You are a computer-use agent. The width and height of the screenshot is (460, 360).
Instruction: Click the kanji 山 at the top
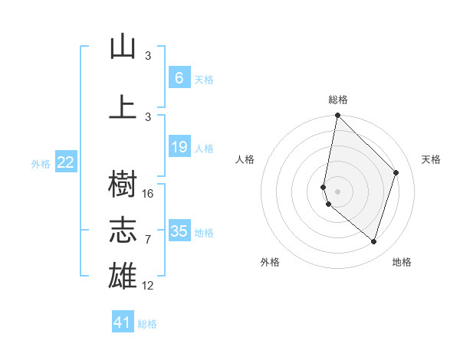[123, 47]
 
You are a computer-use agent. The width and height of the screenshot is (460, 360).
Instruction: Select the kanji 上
[123, 107]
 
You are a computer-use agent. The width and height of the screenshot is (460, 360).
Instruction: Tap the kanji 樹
[123, 184]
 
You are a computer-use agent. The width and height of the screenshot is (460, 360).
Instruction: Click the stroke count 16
[149, 194]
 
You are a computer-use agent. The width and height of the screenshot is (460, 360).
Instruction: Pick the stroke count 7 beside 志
[148, 240]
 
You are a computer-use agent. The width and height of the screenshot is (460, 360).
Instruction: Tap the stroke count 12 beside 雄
[149, 286]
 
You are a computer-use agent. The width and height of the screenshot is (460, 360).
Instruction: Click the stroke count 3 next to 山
[148, 56]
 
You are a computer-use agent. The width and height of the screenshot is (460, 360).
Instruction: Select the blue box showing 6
[179, 77]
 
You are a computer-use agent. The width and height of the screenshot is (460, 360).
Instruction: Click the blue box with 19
[179, 147]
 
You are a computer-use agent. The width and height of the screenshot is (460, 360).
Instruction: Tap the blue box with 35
[179, 231]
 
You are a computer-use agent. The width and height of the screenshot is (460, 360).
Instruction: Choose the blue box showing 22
[66, 162]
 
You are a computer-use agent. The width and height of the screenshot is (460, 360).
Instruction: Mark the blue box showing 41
[123, 322]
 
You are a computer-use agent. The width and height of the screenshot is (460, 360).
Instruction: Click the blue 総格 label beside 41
[147, 324]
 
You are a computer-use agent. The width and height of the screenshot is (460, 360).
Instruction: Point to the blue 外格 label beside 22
[41, 163]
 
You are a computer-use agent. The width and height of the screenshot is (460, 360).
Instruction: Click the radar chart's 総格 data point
[337, 116]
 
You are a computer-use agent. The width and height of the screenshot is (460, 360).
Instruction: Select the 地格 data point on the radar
[373, 241]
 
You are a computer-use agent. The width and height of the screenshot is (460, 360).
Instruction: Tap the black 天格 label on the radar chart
[431, 159]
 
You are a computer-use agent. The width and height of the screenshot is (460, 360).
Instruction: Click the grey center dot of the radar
[337, 190]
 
